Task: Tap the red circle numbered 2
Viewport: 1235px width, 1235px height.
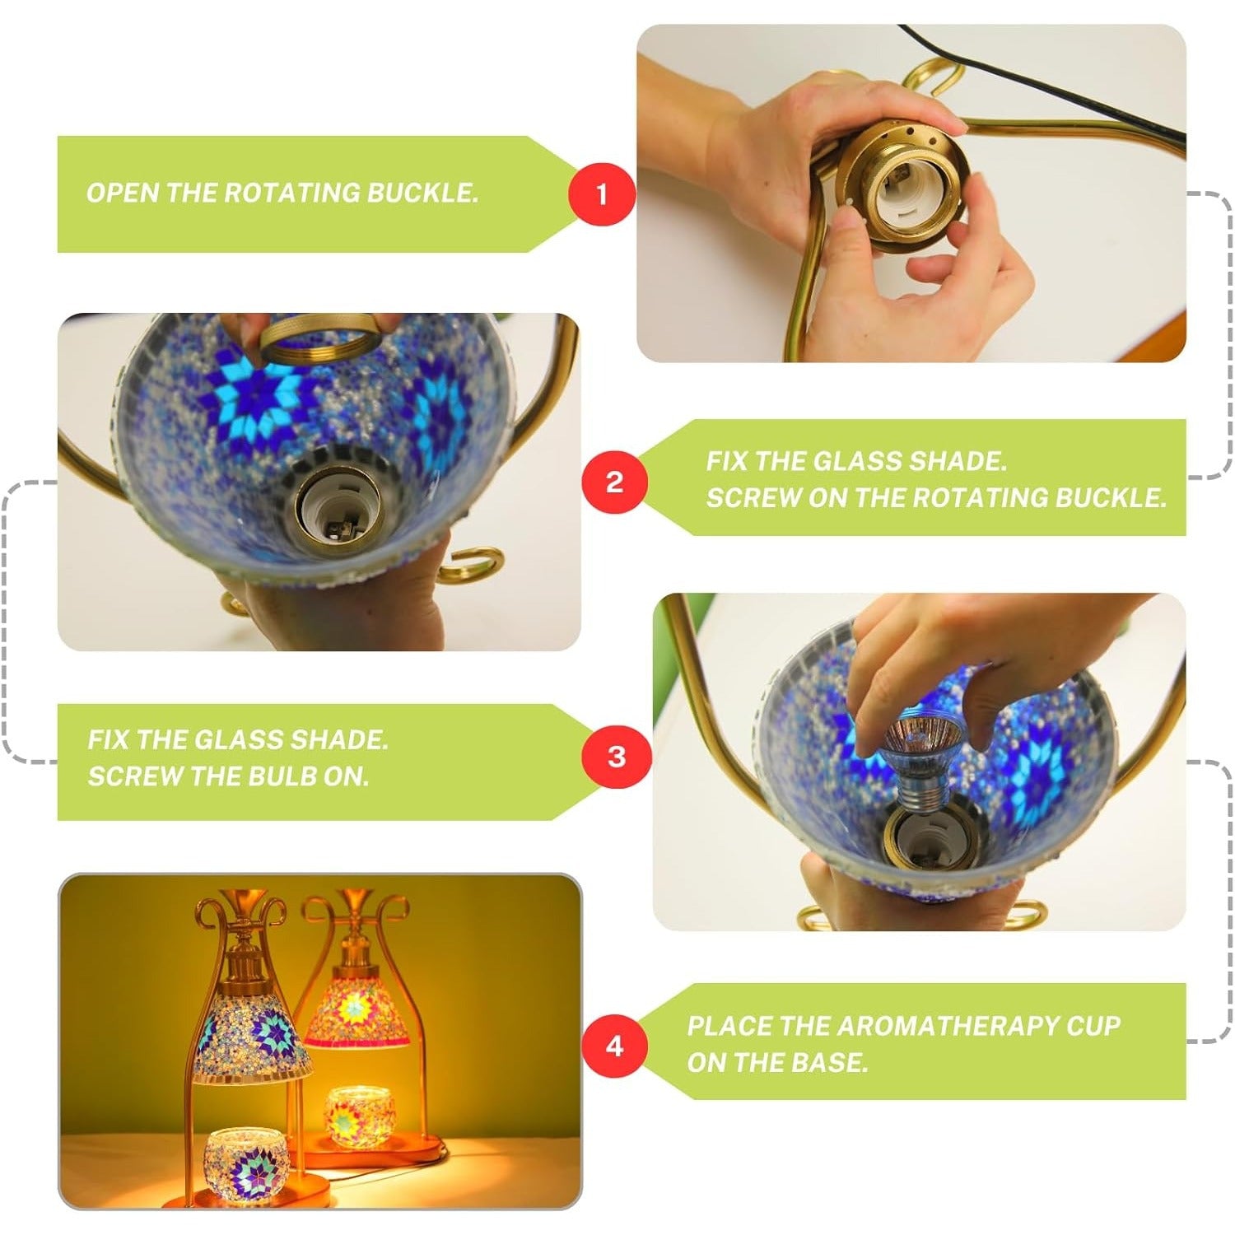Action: (614, 481)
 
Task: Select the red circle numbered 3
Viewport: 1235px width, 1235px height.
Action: (616, 757)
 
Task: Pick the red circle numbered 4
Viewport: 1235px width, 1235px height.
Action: (614, 1046)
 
